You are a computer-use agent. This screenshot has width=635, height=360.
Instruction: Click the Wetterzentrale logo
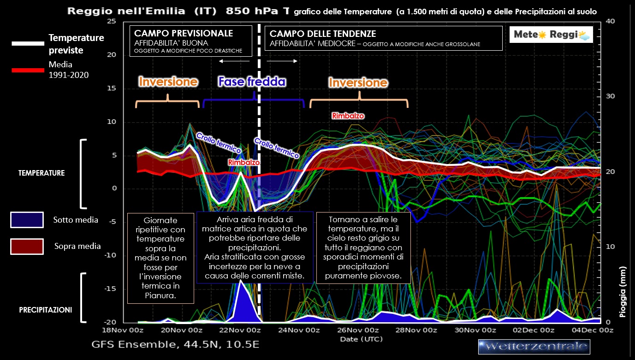tap(534, 346)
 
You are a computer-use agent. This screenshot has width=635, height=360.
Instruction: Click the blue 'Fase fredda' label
tap(252, 82)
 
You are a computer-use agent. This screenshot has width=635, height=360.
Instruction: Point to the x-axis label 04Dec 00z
tap(593, 330)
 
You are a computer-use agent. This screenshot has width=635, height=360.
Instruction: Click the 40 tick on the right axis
tap(609, 22)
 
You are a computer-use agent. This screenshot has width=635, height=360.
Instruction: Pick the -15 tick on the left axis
tap(111, 289)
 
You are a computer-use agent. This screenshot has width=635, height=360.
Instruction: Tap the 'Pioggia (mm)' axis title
tap(623, 292)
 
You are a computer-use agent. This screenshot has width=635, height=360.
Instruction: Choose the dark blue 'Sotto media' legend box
tap(27, 220)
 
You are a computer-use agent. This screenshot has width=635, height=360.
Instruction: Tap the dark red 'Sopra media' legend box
tap(27, 246)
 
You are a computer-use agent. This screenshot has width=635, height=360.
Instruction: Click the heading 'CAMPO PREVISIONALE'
tap(183, 34)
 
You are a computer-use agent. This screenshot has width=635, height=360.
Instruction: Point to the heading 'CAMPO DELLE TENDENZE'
tap(322, 34)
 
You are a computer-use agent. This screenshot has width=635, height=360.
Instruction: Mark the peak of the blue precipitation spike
tap(241, 280)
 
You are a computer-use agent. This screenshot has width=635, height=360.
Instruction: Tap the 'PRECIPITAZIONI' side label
tap(45, 310)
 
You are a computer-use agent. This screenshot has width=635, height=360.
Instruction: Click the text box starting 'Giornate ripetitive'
tap(160, 258)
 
